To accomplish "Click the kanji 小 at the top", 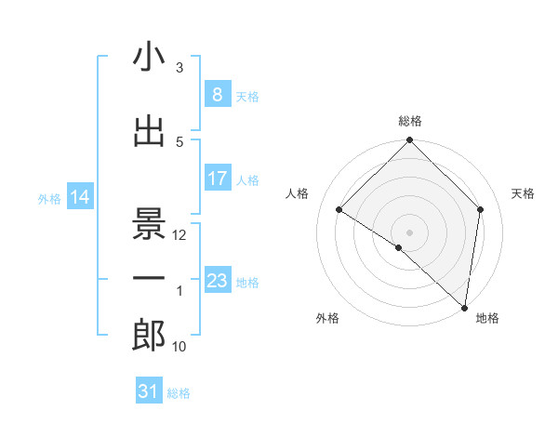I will coord(150,58).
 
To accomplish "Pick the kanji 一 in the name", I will coord(150,278).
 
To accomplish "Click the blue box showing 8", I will coord(217,95).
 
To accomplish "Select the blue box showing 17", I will coord(217,179).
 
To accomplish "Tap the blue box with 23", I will coord(217,281).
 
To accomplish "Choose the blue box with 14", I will coord(80,197).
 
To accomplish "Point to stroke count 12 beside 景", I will coord(180,235).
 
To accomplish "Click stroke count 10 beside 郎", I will coord(180,347).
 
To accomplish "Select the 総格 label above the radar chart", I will coord(410,122).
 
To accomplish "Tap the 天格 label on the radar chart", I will coord(524,193).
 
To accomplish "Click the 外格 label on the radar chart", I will coord(327,318).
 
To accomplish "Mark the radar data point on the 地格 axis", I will coord(464,308).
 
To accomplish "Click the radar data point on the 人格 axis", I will coord(339,209).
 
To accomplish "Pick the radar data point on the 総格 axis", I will coord(410,141).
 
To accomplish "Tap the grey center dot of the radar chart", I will coord(410,232).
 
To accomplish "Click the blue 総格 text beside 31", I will coord(179,393).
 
